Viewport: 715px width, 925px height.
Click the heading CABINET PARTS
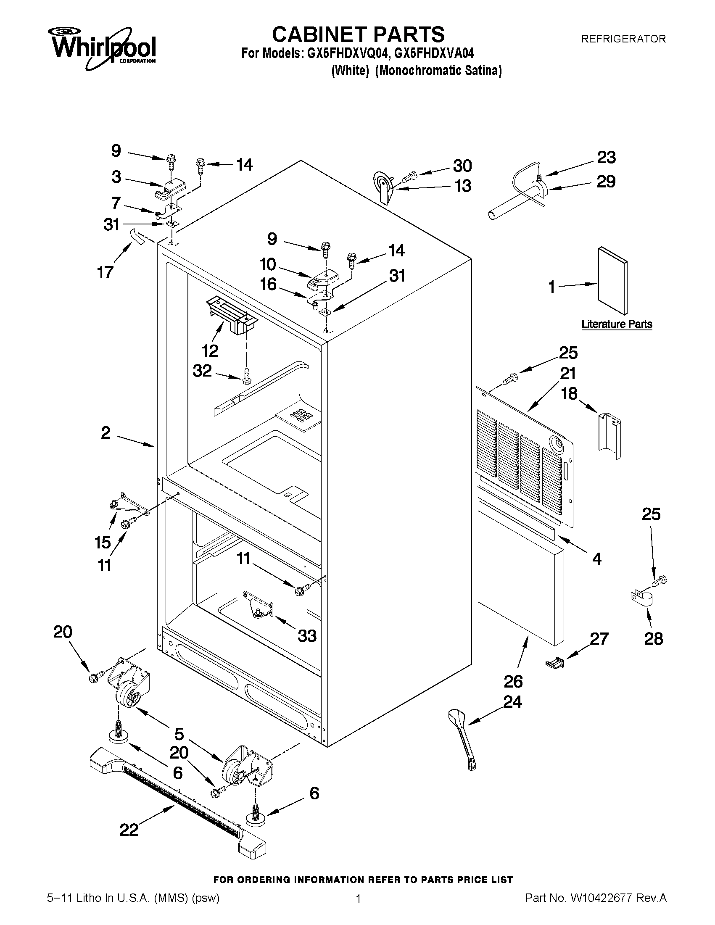tap(358, 34)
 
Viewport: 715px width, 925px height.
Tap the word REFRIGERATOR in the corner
tap(623, 39)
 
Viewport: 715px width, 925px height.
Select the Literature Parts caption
tap(616, 324)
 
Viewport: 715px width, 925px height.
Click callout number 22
tap(129, 830)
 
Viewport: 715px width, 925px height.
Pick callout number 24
tap(512, 702)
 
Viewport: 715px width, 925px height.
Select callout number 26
tap(513, 682)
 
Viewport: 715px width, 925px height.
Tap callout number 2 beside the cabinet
tap(106, 432)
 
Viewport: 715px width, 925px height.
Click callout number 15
tap(103, 543)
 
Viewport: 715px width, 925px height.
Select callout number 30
tap(462, 166)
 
